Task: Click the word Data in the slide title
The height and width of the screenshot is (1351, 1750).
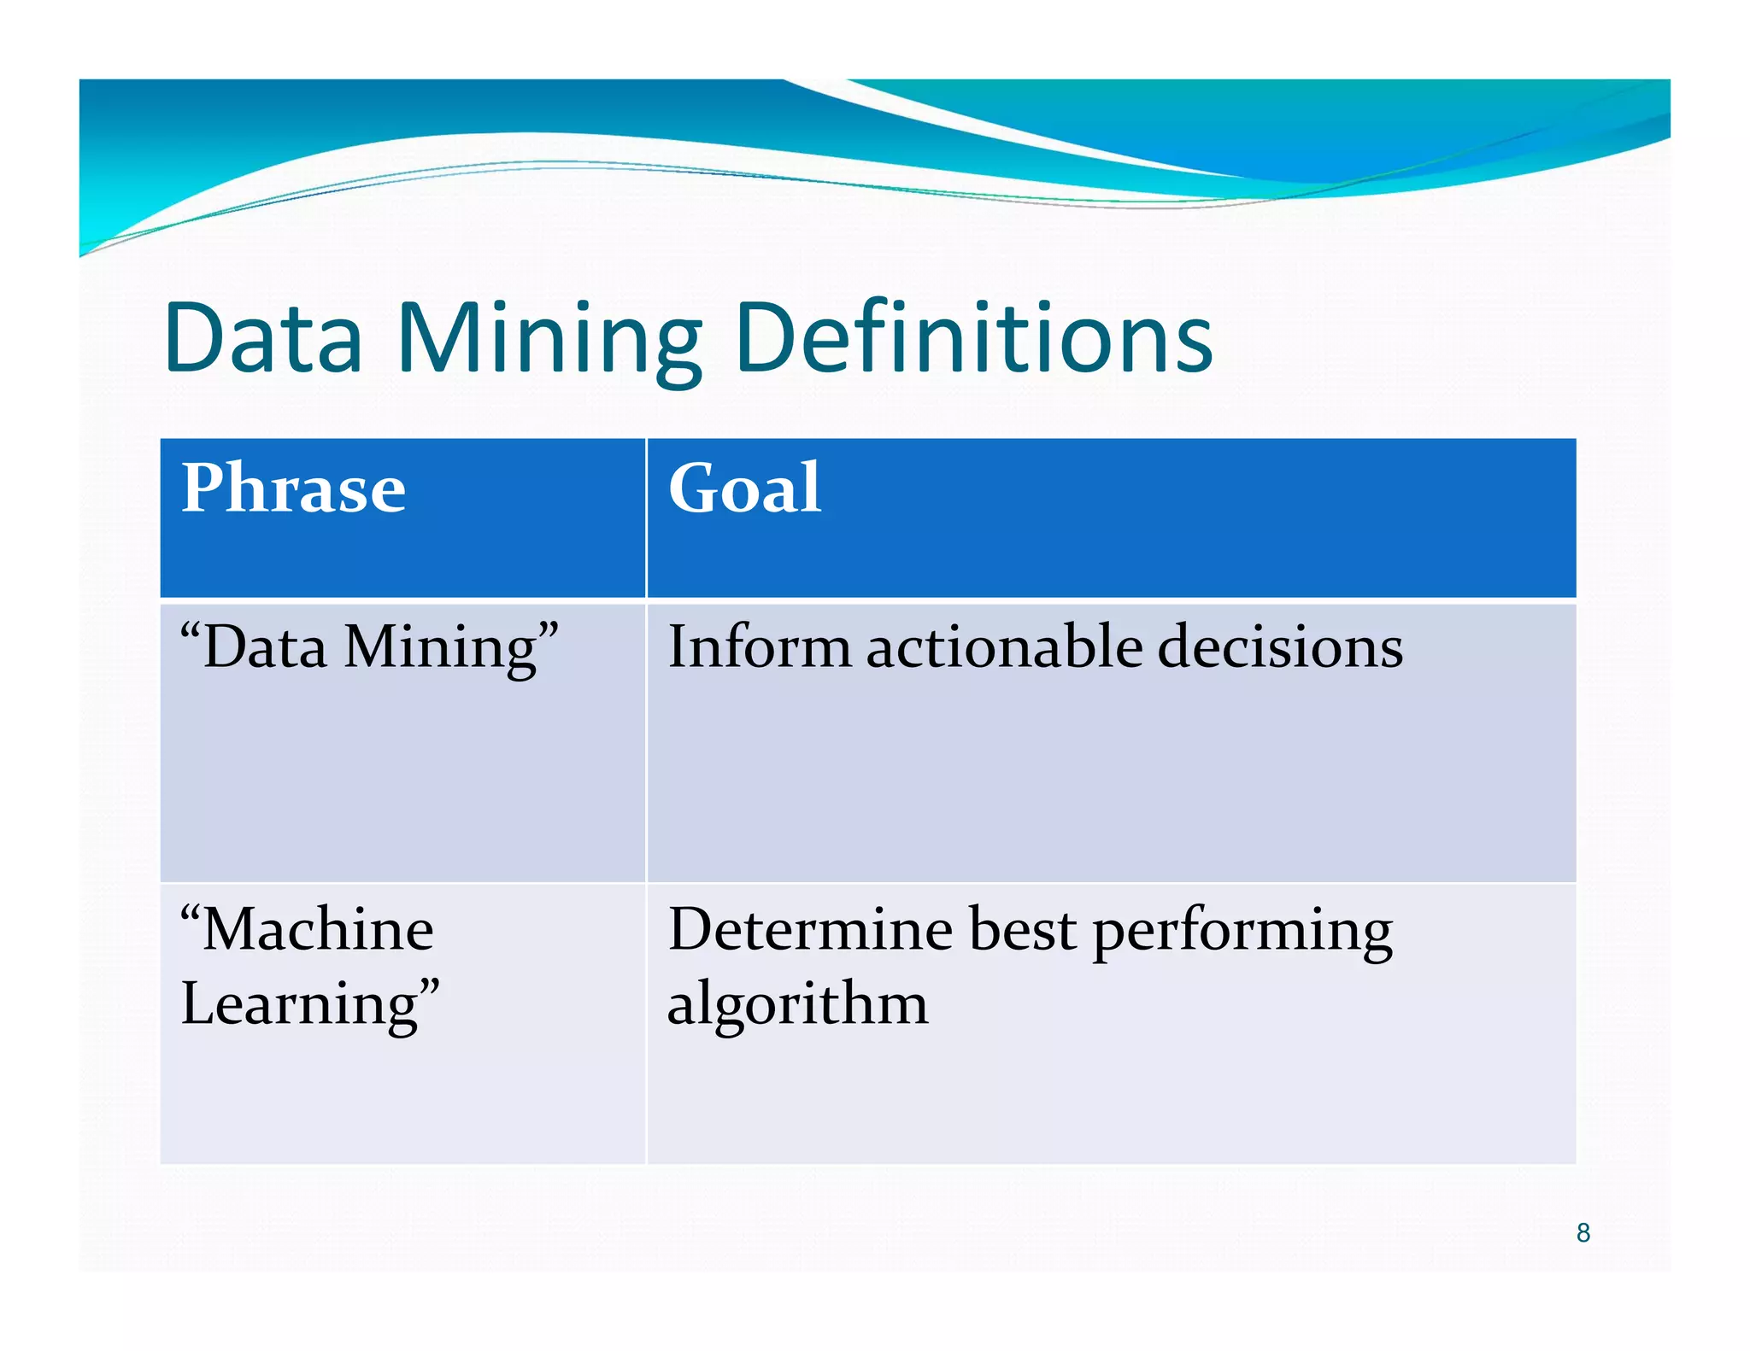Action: [x=263, y=338]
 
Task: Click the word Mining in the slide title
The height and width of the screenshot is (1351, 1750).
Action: [x=549, y=340]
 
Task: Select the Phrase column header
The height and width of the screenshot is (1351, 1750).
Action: [x=293, y=488]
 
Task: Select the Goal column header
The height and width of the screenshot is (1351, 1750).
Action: [x=744, y=488]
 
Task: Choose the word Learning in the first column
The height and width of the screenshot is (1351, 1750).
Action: [x=299, y=1004]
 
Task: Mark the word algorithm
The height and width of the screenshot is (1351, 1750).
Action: [x=797, y=1004]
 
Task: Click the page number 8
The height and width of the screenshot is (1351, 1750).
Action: [x=1583, y=1232]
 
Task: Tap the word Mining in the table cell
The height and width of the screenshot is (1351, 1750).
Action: [x=439, y=647]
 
